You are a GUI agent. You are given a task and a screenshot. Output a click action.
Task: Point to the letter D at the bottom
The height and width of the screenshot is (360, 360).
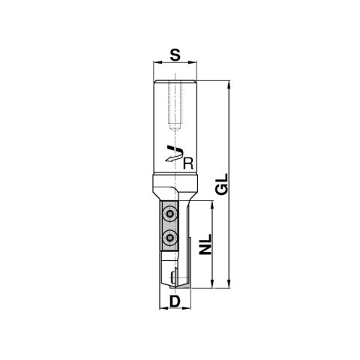(x=174, y=301)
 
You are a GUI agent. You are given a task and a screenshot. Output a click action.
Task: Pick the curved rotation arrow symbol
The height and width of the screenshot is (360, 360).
(x=173, y=154)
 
